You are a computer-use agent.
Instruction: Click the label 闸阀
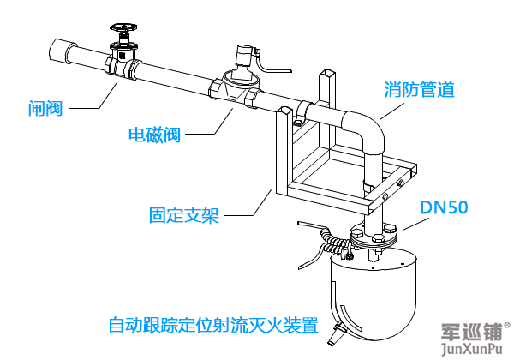pyautogui.click(x=45, y=108)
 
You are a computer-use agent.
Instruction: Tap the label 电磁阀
pyautogui.click(x=154, y=135)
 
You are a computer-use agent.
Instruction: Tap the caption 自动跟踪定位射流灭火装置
pyautogui.click(x=213, y=326)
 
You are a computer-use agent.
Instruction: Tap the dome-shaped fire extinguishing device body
pyautogui.click(x=373, y=287)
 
